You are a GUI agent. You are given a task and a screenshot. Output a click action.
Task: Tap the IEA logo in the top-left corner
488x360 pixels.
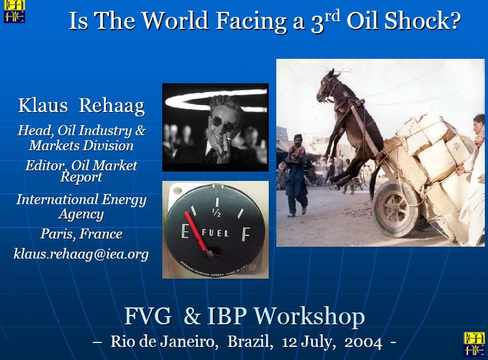tap(14, 11)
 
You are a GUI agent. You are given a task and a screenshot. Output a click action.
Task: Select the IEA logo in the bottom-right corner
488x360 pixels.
tap(474, 344)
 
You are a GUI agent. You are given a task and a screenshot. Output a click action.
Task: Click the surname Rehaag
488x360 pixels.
tap(112, 106)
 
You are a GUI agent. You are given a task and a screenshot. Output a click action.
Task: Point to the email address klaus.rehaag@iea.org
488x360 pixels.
tap(81, 254)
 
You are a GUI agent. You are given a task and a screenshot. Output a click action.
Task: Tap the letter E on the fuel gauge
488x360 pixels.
tap(185, 232)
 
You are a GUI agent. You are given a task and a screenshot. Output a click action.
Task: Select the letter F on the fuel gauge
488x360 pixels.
tap(246, 234)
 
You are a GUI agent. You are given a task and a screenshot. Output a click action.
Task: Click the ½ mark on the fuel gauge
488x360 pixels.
tap(217, 212)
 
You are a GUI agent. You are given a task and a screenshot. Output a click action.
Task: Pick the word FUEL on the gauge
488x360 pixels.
tap(215, 233)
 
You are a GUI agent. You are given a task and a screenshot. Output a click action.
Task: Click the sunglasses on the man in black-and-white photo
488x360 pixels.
tap(223, 123)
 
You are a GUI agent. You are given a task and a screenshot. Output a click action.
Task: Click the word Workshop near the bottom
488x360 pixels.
tap(309, 317)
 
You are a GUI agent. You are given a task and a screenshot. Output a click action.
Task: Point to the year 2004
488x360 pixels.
tap(363, 342)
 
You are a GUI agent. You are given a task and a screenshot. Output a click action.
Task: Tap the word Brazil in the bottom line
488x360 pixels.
tap(250, 342)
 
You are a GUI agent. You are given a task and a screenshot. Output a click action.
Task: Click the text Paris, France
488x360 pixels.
tap(81, 234)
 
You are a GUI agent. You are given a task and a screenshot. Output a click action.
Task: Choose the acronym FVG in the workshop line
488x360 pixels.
tap(148, 316)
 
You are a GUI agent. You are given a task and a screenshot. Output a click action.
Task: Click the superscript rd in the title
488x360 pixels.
tap(333, 16)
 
